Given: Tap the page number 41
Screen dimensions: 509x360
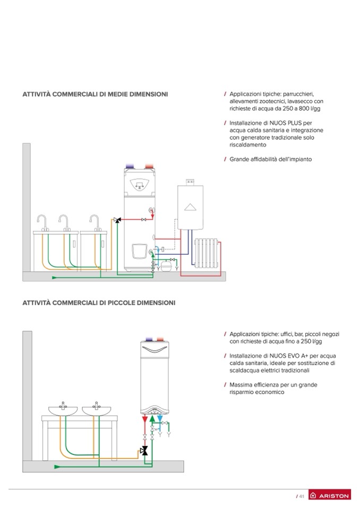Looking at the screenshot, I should click(301, 496).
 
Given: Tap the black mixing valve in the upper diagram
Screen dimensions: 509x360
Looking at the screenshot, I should click(117, 219).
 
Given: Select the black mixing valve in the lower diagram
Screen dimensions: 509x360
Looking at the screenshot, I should click(143, 451).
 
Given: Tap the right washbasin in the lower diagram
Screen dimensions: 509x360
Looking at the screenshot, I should click(96, 410).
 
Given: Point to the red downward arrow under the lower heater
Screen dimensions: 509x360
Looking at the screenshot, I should click(146, 419).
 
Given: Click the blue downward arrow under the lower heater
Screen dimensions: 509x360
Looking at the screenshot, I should click(160, 419).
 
